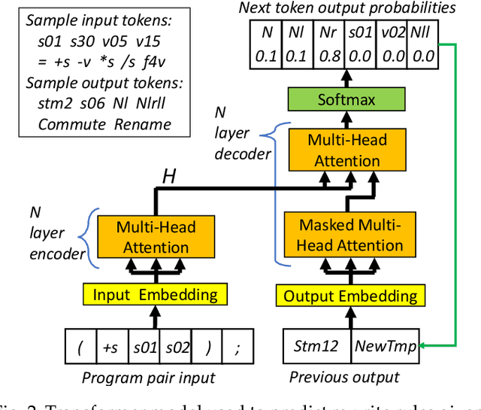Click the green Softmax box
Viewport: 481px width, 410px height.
[346, 99]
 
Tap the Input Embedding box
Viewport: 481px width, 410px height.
[156, 295]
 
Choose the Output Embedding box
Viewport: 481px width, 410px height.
[349, 296]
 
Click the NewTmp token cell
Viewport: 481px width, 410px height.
[385, 347]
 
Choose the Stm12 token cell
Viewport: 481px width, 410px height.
[316, 347]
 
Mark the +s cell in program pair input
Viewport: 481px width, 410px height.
[110, 347]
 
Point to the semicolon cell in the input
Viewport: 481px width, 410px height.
[237, 347]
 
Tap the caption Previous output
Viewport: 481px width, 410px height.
[344, 377]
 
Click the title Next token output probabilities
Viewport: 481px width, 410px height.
[346, 9]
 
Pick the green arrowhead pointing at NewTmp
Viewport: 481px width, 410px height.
[422, 346]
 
